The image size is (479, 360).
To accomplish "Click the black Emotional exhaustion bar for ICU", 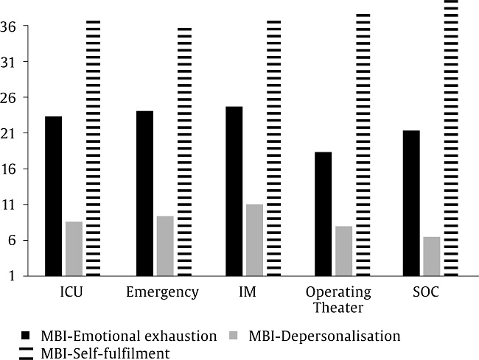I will tap(53, 196).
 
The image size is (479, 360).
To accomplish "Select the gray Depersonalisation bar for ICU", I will tap(74, 248).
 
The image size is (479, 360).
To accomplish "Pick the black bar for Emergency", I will tap(144, 193).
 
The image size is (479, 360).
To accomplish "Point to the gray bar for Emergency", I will tap(165, 246).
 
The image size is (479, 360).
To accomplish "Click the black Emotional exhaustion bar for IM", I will tap(234, 191).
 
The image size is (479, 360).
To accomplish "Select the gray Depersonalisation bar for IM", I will tap(254, 240).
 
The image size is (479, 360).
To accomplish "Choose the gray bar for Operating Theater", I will tap(344, 251).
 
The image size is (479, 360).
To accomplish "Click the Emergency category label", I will tap(162, 292).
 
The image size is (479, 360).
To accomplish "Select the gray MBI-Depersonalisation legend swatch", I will tap(235, 336).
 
